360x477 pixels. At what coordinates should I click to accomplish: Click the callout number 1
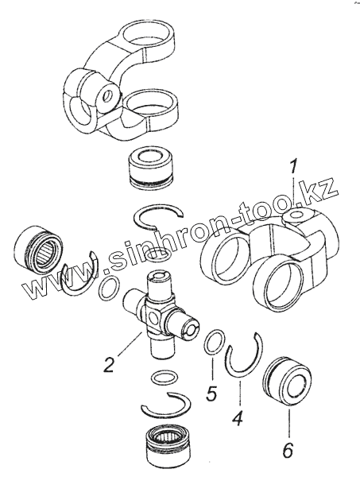point(292,169)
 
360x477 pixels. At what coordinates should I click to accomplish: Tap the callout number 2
point(108,365)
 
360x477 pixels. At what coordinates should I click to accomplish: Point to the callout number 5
point(211,393)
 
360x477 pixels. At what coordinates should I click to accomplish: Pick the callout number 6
point(288,449)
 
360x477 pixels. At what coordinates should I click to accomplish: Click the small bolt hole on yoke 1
point(296,215)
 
